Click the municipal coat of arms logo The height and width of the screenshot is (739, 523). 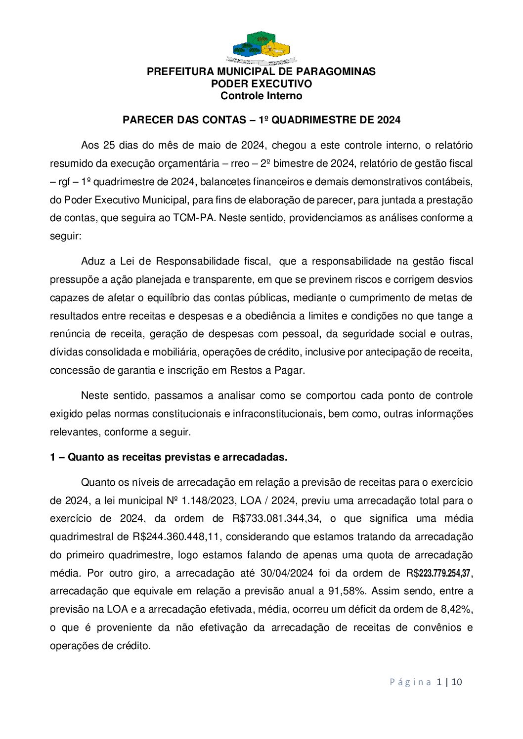[261, 48]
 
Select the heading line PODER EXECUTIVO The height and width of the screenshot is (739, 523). [261, 84]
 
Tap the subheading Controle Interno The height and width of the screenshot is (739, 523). [261, 96]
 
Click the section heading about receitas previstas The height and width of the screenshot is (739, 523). [169, 457]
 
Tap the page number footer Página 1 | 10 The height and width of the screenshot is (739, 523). [426, 682]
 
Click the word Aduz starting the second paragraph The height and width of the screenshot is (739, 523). [93, 261]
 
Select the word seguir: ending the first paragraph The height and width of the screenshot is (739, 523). [65, 236]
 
